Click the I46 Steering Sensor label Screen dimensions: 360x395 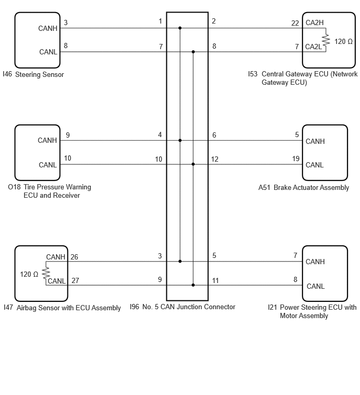33,75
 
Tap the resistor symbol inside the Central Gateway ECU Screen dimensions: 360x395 326,40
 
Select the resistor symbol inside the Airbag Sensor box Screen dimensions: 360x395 46,273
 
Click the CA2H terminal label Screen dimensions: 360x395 314,22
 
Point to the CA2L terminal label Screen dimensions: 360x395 313,47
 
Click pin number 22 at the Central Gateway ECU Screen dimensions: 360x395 295,23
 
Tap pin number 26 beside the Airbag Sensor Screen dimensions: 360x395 74,257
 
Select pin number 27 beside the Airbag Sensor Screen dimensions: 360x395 75,280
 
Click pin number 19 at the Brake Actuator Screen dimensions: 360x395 296,159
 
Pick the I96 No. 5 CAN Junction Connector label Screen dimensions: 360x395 183,307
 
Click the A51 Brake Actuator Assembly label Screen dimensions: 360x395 303,188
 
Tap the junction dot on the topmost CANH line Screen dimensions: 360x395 180,28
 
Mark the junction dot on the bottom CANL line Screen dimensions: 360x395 193,285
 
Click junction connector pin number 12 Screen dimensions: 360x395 215,159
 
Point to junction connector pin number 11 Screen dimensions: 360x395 215,280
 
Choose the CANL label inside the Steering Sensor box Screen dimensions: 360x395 48,52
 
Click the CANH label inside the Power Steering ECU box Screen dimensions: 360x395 315,262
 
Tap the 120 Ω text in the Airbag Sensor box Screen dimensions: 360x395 29,274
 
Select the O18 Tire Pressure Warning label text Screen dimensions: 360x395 49,187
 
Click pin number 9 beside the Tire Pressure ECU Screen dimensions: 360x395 68,136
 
